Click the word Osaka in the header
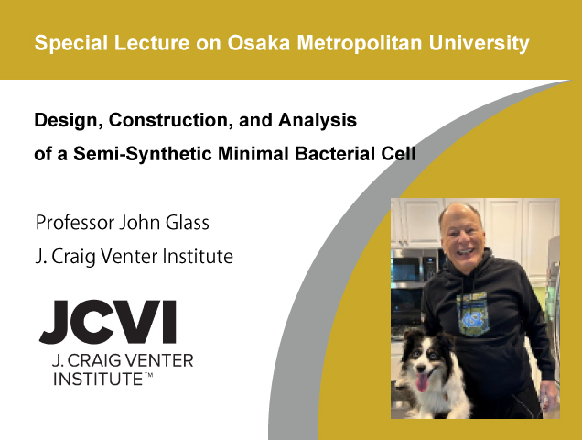tap(258, 43)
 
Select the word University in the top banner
tap(480, 44)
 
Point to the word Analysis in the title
tap(318, 120)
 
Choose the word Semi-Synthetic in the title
tap(142, 154)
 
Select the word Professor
tap(75, 223)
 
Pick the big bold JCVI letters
tap(108, 322)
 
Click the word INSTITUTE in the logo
tap(98, 379)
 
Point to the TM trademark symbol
tap(148, 376)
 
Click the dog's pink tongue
tap(422, 383)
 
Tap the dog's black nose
tap(421, 368)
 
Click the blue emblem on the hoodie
tap(471, 319)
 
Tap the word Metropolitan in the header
tap(360, 43)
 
